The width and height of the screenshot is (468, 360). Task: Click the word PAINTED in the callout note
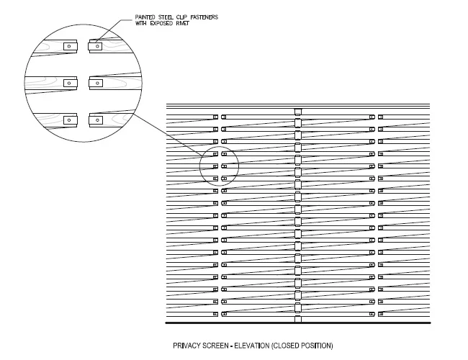point(145,17)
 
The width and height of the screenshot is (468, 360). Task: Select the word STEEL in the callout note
point(165,17)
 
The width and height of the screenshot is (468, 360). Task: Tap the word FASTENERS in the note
point(204,17)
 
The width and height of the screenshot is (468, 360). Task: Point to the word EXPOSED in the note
point(161,23)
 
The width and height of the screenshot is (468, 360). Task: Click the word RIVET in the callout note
point(182,23)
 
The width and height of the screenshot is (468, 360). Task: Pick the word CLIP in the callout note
point(181,17)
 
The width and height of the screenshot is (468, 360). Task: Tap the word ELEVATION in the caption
point(251,346)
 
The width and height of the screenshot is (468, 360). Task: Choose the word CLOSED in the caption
point(286,346)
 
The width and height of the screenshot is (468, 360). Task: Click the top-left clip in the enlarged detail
point(71,46)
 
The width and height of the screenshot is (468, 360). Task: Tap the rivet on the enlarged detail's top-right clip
point(97,46)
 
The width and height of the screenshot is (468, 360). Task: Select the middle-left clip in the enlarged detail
point(71,83)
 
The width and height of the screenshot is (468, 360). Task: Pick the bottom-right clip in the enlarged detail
point(96,120)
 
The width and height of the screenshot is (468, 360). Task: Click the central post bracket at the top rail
point(298,112)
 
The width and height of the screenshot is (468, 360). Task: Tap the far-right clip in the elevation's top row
point(381,117)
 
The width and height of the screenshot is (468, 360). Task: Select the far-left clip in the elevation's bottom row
point(215,314)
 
